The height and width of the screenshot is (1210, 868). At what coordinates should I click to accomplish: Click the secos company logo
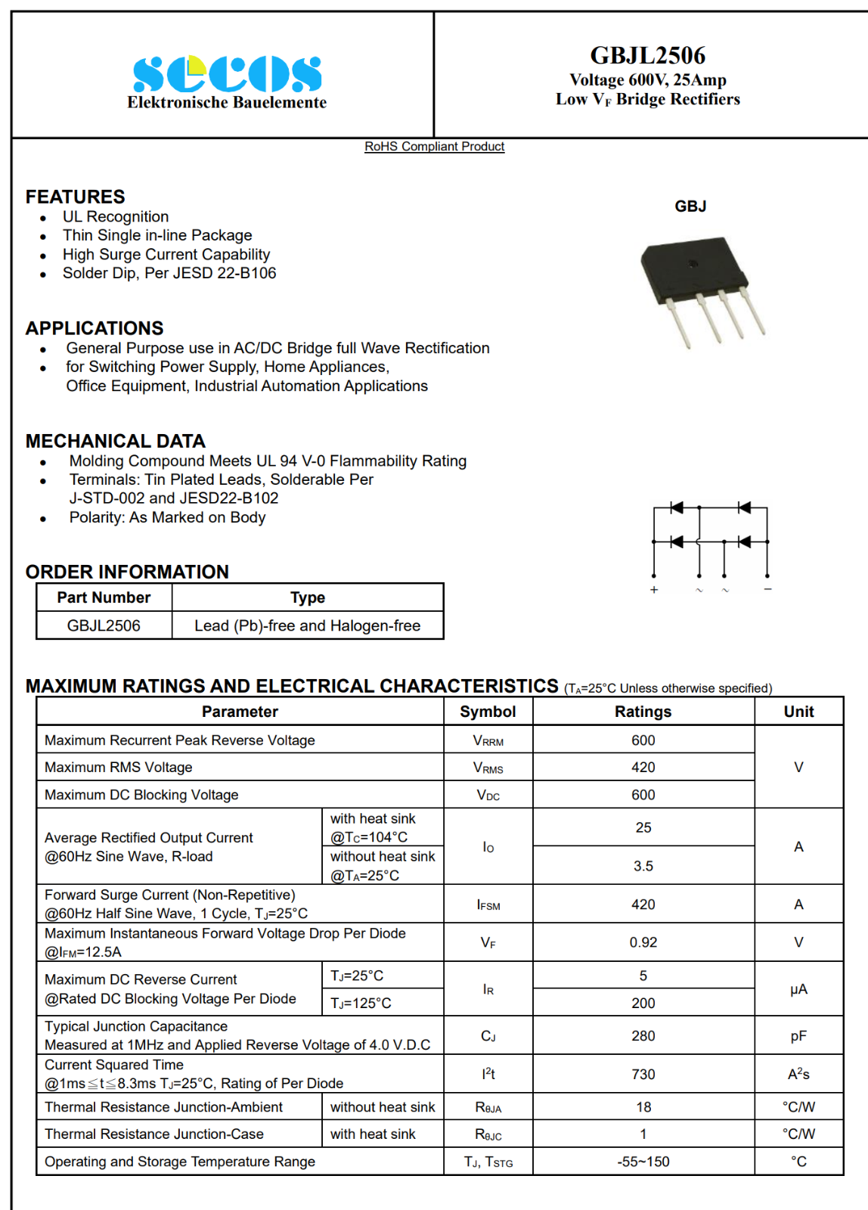coord(227,74)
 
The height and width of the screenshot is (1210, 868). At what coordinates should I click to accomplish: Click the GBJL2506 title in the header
coord(647,55)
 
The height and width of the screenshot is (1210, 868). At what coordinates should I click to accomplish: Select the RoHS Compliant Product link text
coord(434,147)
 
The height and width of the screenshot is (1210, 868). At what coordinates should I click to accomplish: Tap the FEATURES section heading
coord(76,197)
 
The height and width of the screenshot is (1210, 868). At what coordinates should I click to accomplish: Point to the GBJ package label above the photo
coord(690,206)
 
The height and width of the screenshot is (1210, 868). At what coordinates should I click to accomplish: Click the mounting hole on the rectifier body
coord(692,264)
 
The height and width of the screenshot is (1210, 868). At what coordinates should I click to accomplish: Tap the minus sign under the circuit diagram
coord(767,589)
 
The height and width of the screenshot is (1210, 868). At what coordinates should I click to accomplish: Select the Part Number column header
coord(104,597)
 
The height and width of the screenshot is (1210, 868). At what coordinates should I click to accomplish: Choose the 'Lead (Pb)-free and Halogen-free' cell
coord(307,625)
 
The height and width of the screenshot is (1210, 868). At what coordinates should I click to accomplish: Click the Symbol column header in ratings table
coord(488,712)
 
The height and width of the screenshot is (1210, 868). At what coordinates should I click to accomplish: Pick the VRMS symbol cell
coord(488,768)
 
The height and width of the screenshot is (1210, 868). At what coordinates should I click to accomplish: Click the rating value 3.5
coord(643,866)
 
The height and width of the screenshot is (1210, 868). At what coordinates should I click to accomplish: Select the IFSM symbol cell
coord(488,904)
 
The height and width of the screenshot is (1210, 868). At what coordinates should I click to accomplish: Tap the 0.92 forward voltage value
coord(643,942)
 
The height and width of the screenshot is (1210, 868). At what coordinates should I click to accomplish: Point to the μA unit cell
coord(798,989)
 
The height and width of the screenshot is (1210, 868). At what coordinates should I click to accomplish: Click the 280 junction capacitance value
coord(643,1036)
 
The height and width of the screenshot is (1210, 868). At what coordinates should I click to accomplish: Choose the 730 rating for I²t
coord(643,1074)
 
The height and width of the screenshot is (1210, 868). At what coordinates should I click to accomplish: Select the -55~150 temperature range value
coord(643,1162)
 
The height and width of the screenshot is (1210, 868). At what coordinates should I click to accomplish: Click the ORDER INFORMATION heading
coord(127,572)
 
